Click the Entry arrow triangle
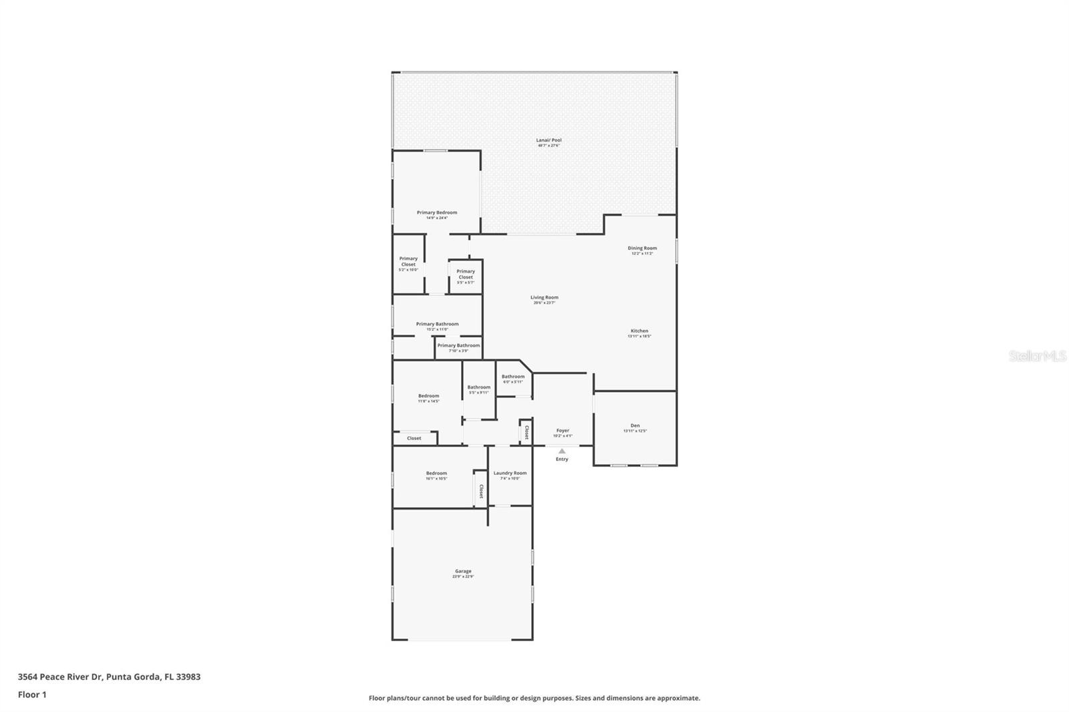pos(562,451)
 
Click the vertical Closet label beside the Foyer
pos(526,433)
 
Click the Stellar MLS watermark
pos(1037,356)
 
